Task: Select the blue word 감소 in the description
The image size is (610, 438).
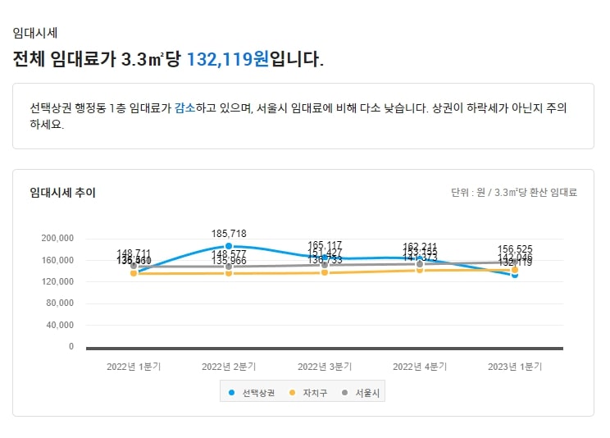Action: pyautogui.click(x=184, y=108)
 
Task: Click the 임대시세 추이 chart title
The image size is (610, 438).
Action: pyautogui.click(x=62, y=192)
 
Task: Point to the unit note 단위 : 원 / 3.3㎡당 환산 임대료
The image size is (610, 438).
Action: pyautogui.click(x=514, y=193)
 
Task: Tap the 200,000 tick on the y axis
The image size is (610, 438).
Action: pyautogui.click(x=57, y=239)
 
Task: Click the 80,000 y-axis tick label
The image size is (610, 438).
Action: pyautogui.click(x=59, y=303)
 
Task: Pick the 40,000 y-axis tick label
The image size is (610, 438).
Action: pyautogui.click(x=59, y=325)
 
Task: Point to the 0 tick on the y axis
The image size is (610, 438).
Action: pyautogui.click(x=71, y=347)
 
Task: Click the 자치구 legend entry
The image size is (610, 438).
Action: pyautogui.click(x=311, y=394)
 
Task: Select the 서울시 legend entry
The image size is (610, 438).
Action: pyautogui.click(x=362, y=394)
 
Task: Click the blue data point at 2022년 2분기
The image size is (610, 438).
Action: pyautogui.click(x=229, y=246)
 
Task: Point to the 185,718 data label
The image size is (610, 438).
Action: pyautogui.click(x=229, y=234)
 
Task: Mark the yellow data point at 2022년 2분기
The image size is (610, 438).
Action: pyautogui.click(x=229, y=273)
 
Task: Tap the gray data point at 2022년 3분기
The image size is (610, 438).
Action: pyautogui.click(x=325, y=265)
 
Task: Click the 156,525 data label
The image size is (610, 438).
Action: pyautogui.click(x=515, y=249)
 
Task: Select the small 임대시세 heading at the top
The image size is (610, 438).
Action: pyautogui.click(x=34, y=33)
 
